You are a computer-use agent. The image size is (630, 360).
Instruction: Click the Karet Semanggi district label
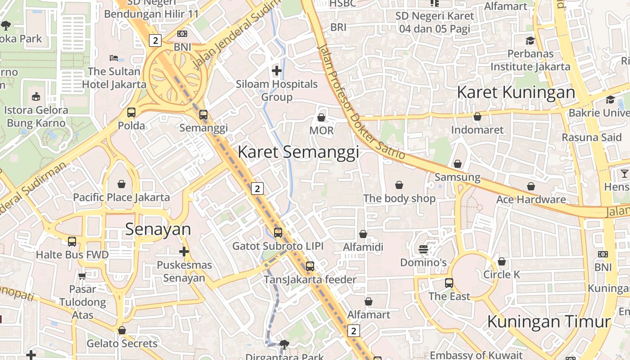pyautogui.click(x=298, y=152)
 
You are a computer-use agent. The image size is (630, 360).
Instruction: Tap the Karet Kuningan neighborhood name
pyautogui.click(x=516, y=92)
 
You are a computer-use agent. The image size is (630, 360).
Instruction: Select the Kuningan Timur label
pyautogui.click(x=549, y=322)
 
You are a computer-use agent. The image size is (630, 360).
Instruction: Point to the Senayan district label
pyautogui.click(x=158, y=229)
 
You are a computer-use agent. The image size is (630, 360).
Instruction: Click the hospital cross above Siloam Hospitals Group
pyautogui.click(x=277, y=71)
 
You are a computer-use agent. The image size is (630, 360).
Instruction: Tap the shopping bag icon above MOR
pyautogui.click(x=321, y=117)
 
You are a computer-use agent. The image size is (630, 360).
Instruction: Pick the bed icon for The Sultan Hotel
pyautogui.click(x=114, y=58)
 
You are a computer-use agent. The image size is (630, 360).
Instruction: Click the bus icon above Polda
pyautogui.click(x=131, y=112)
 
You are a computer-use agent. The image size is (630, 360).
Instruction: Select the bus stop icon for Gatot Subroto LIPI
pyautogui.click(x=278, y=233)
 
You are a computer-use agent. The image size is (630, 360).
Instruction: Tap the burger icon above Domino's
pyautogui.click(x=423, y=249)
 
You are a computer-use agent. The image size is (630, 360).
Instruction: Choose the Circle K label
pyautogui.click(x=501, y=274)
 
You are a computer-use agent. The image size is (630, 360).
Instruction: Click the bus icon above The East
pyautogui.click(x=449, y=283)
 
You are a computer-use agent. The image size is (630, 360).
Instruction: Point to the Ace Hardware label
pyautogui.click(x=531, y=199)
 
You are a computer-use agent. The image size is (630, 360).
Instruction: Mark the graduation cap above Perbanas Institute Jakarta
pyautogui.click(x=530, y=40)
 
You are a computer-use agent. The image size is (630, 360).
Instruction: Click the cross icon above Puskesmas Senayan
pyautogui.click(x=184, y=252)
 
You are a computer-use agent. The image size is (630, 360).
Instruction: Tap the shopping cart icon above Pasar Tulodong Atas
pyautogui.click(x=82, y=276)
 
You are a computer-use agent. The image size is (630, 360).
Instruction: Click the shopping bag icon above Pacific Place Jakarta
pyautogui.click(x=121, y=184)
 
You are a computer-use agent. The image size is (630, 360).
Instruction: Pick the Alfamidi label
pyautogui.click(x=363, y=247)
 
